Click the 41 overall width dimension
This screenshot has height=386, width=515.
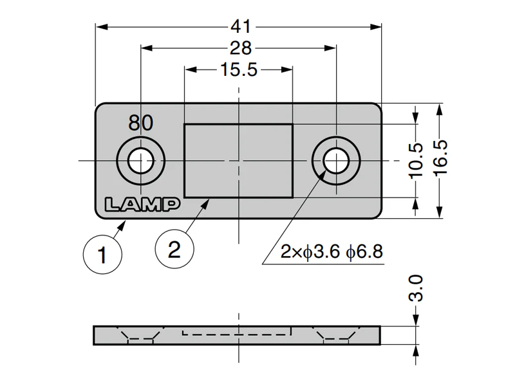point(241,26)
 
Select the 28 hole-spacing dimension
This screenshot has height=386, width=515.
point(241,48)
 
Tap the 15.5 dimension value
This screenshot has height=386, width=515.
point(239,69)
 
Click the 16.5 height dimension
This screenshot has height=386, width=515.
point(440,158)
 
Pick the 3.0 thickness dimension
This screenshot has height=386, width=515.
point(415,288)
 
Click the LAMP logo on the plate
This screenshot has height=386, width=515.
point(142,204)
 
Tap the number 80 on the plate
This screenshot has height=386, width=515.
point(140,123)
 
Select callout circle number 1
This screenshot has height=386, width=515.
point(102,254)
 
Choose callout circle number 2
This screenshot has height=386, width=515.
point(174,249)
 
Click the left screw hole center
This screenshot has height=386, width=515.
point(141,161)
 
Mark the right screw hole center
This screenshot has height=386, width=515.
point(336,161)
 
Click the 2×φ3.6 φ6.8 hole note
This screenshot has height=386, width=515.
point(332,252)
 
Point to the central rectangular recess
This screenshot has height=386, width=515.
point(238,161)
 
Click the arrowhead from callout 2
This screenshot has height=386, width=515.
point(206,203)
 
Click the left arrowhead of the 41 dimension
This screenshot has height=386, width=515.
point(102,26)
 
